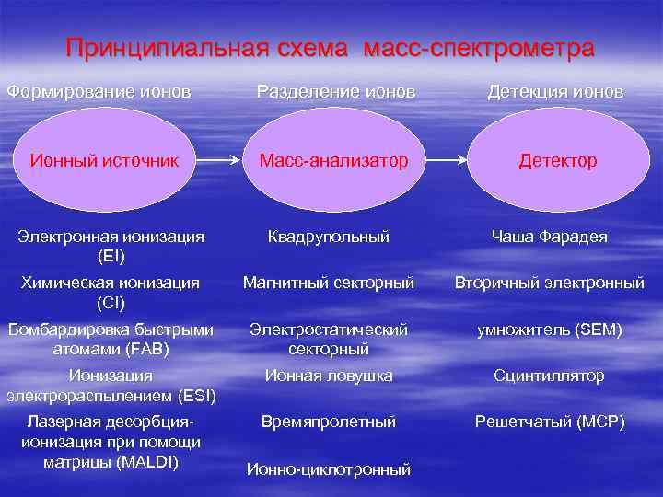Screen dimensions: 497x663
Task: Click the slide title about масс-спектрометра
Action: pyautogui.click(x=331, y=48)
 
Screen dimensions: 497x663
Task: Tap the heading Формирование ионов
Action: pyautogui.click(x=99, y=92)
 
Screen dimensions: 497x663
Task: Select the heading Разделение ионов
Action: pyautogui.click(x=335, y=92)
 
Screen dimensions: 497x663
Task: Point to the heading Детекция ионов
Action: pyautogui.click(x=555, y=92)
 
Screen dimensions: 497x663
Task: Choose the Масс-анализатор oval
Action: pyautogui.click(x=333, y=161)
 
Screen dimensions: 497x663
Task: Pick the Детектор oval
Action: pyautogui.click(x=557, y=161)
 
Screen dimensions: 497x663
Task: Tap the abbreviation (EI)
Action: pyautogui.click(x=111, y=255)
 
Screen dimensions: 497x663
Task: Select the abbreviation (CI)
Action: pyautogui.click(x=111, y=301)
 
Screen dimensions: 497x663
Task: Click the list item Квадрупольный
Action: pyautogui.click(x=329, y=237)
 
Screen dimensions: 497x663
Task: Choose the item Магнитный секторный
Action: pyautogui.click(x=329, y=283)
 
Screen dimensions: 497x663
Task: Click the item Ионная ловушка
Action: pyautogui.click(x=329, y=376)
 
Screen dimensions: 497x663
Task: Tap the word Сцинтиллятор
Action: pyautogui.click(x=549, y=376)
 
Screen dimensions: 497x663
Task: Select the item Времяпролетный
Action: pyautogui.click(x=329, y=422)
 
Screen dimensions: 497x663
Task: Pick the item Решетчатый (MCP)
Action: pyautogui.click(x=550, y=422)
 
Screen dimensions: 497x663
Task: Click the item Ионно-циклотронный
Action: pyautogui.click(x=329, y=469)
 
